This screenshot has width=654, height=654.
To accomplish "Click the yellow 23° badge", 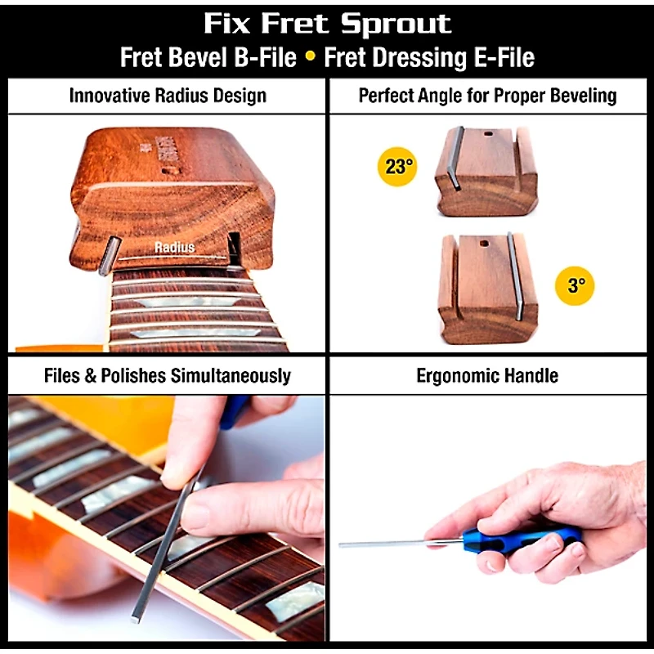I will [x=397, y=167].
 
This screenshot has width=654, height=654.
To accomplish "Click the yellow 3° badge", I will [x=576, y=285].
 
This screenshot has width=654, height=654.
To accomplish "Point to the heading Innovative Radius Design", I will [x=168, y=96].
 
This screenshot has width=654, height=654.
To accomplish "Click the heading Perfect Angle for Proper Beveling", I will [x=487, y=96].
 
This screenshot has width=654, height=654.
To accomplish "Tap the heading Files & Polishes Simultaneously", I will [x=168, y=376].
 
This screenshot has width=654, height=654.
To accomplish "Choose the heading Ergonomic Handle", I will [x=487, y=376].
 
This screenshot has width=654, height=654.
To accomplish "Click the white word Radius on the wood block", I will [x=174, y=247].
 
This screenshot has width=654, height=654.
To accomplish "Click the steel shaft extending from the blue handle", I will [x=392, y=543].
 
